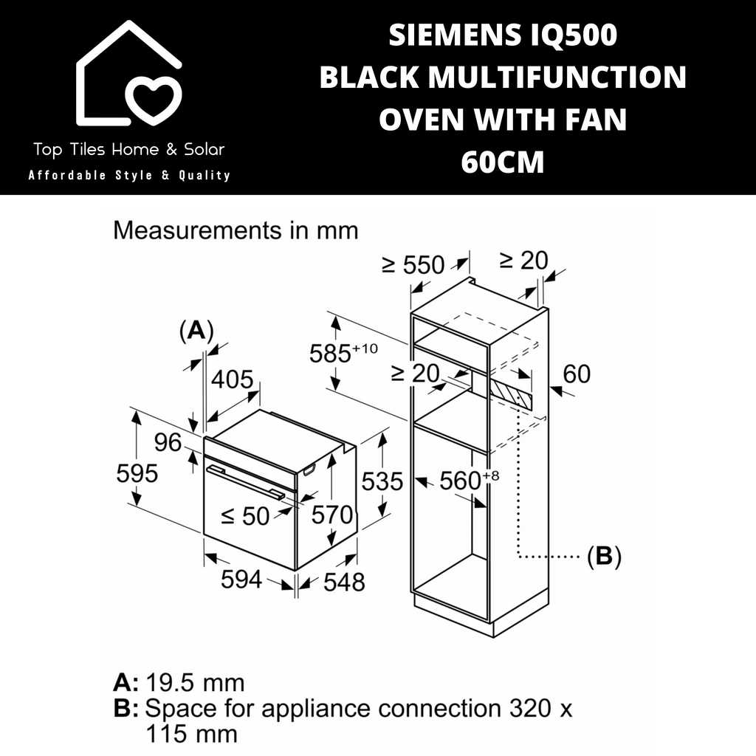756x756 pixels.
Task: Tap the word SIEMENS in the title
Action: [x=455, y=35]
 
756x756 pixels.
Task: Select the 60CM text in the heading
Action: [x=503, y=162]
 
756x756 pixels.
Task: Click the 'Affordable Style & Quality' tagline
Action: [x=129, y=175]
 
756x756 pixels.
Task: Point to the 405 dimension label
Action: [x=232, y=379]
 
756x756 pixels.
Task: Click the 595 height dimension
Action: [x=137, y=473]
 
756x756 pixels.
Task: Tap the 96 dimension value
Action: [x=168, y=442]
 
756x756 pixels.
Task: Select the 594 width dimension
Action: [x=241, y=579]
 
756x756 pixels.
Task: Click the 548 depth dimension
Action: [x=344, y=582]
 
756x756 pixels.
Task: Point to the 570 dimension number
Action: [x=332, y=515]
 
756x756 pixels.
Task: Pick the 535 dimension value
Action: [x=382, y=481]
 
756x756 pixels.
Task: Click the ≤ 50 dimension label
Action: [x=245, y=516]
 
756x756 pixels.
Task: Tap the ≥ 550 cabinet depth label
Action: [x=413, y=265]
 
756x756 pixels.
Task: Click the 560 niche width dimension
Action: [x=469, y=480]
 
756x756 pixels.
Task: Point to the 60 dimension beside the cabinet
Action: [x=577, y=374]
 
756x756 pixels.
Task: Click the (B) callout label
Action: [x=604, y=556]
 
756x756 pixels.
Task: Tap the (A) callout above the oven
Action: [x=196, y=331]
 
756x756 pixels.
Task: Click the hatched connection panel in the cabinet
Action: [x=512, y=392]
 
